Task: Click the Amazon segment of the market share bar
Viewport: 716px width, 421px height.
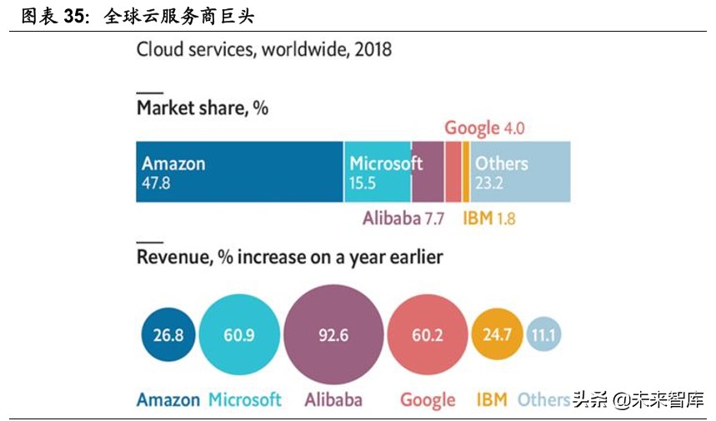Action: [x=239, y=172]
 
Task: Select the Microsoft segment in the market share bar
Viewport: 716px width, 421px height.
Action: [x=378, y=172]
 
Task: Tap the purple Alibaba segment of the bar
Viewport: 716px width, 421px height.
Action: [x=428, y=172]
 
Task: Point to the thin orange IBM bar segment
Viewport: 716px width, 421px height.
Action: [x=466, y=172]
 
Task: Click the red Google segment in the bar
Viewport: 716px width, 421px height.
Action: [x=453, y=172]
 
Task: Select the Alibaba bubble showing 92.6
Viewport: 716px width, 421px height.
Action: [x=333, y=336]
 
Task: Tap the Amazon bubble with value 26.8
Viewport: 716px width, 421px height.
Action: [x=168, y=336]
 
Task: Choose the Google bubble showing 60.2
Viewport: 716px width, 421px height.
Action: [x=427, y=336]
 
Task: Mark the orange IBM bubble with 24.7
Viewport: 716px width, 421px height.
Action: [x=497, y=336]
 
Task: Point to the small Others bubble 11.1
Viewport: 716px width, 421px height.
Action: [x=545, y=336]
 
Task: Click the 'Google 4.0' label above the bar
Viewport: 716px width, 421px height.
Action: [x=483, y=128]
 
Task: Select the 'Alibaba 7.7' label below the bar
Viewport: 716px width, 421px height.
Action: [x=403, y=218]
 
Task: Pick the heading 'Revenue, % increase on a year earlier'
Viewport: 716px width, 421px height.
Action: [x=289, y=257]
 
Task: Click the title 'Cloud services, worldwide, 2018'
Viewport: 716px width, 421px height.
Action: [x=263, y=49]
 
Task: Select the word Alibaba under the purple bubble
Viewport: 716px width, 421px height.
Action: [x=333, y=399]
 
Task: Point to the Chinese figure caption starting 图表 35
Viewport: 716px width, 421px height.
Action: [x=138, y=16]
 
